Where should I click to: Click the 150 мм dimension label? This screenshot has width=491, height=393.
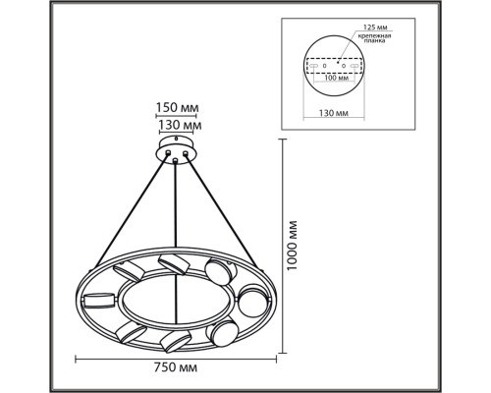click(x=178, y=110)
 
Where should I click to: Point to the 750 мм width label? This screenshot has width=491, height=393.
click(x=178, y=367)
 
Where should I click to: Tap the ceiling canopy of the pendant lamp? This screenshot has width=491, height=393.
click(x=178, y=151)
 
